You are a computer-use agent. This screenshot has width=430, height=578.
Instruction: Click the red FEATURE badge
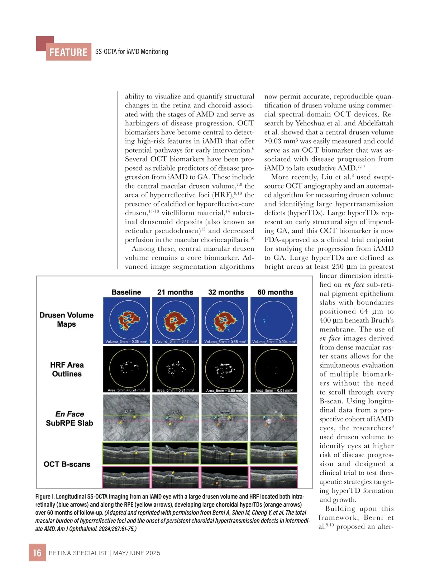(68, 52)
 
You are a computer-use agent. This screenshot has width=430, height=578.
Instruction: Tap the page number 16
(37, 553)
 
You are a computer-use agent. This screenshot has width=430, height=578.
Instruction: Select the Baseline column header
(126, 292)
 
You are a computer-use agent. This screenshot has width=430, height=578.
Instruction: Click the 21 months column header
(175, 292)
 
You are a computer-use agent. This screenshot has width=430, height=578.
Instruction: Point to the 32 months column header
(226, 292)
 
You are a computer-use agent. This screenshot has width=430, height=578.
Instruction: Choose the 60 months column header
(275, 292)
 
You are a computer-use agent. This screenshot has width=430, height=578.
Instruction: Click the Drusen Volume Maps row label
(67, 319)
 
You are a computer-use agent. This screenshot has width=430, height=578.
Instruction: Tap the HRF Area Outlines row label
(67, 369)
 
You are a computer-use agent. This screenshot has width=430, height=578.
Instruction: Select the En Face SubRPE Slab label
(70, 419)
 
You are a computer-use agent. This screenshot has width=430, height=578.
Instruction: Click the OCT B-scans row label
(67, 464)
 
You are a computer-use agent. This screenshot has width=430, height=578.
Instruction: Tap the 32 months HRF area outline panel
(225, 369)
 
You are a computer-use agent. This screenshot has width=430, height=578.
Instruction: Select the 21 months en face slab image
(176, 417)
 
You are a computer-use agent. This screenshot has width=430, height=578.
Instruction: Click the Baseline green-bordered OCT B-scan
(126, 453)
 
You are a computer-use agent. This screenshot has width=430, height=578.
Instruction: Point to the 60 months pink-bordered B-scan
(274, 477)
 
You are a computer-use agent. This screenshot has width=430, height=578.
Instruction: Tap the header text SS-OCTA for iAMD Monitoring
(132, 52)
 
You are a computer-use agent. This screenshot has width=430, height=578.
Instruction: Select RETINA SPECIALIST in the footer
(78, 553)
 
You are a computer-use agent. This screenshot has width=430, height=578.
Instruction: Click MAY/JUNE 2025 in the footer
(137, 553)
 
